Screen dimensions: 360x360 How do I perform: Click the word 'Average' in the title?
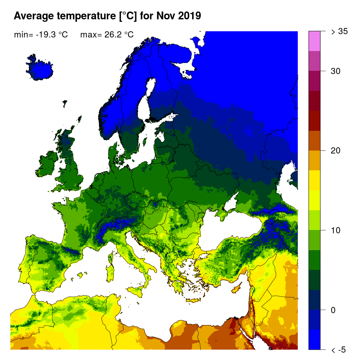[x=34, y=16]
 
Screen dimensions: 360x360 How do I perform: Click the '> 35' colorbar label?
[x=339, y=31]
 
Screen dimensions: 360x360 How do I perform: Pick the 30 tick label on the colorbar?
[x=335, y=71]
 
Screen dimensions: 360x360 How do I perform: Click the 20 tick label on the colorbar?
[x=335, y=151]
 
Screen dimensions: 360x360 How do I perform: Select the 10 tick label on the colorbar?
[x=335, y=230]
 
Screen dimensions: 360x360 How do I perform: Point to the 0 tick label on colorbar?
[x=333, y=310]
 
